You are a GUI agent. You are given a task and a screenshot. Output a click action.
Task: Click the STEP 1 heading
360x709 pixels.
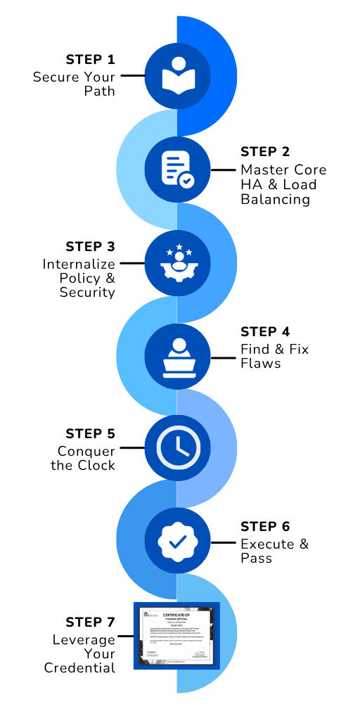(90, 59)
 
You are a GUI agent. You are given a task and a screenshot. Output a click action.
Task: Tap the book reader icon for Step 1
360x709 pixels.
(176, 75)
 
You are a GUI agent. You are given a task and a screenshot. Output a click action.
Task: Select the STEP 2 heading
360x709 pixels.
(264, 151)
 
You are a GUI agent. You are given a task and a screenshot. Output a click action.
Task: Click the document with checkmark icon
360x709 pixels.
(176, 170)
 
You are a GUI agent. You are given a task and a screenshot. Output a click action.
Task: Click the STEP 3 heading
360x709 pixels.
(90, 246)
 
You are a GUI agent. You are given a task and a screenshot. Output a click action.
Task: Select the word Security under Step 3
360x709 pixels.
(87, 292)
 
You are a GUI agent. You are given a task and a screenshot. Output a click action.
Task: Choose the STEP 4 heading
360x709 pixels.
(264, 331)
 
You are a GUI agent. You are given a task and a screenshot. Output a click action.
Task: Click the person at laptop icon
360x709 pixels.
(176, 357)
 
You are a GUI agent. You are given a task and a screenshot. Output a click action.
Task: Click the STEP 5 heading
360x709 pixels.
(90, 433)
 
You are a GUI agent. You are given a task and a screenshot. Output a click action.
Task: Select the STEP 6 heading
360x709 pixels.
(264, 526)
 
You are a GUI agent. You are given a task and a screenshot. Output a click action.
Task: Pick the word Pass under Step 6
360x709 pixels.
(257, 558)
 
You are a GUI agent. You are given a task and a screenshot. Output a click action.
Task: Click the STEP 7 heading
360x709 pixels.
(90, 622)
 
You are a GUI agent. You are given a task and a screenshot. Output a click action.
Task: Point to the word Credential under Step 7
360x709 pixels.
(79, 668)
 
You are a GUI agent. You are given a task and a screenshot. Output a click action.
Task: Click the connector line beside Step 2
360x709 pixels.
(224, 170)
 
